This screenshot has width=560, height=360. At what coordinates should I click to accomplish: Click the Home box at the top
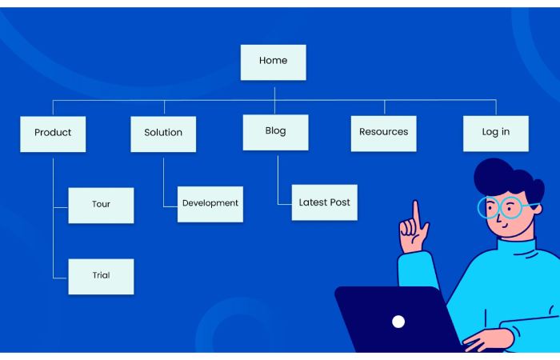pos(274,62)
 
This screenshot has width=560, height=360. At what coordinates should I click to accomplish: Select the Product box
pos(53,134)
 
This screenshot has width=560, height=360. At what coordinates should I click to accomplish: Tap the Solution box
pos(163,134)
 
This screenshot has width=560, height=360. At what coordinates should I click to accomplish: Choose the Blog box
pos(276,133)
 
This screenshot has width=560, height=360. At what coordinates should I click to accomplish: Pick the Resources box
pos(383,134)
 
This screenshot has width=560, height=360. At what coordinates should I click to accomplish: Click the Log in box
pos(496,134)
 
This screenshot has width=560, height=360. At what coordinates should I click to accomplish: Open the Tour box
pos(101,206)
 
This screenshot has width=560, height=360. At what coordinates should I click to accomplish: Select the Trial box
pos(101,277)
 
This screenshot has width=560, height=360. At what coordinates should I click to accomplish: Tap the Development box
pos(210,204)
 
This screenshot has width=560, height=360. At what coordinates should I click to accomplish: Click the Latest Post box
pos(325,202)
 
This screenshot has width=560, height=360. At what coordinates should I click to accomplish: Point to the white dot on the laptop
pos(398,322)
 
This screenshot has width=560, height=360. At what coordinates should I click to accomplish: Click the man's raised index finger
pos(416,214)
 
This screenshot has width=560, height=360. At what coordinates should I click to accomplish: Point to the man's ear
pos(536,208)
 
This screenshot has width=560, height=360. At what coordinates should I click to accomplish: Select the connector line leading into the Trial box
pos(54,243)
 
